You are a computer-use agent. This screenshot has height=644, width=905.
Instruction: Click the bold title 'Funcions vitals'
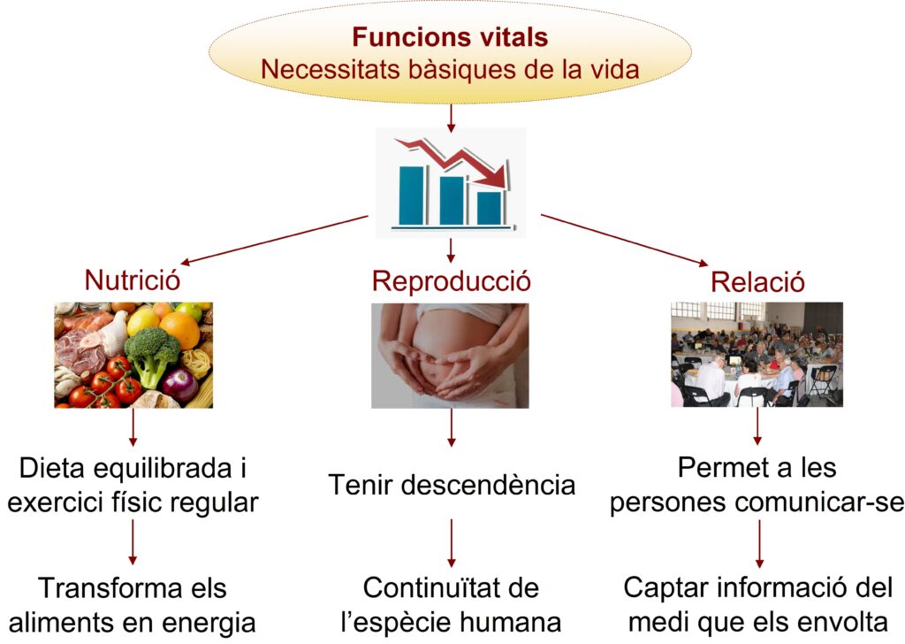(450, 37)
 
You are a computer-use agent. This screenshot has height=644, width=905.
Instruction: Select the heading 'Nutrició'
(133, 280)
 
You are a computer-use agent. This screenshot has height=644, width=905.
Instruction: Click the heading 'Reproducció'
(451, 281)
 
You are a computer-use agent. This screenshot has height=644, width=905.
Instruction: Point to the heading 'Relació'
(757, 282)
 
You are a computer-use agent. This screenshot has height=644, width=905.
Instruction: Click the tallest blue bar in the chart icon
(412, 195)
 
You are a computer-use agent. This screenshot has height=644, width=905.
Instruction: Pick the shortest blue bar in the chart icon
(489, 208)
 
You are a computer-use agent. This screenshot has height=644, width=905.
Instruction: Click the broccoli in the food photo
(152, 354)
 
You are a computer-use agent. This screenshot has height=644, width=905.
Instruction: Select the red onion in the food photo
(179, 385)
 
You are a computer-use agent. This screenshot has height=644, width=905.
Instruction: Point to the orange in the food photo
(179, 330)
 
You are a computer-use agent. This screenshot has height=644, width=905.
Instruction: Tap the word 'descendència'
(488, 485)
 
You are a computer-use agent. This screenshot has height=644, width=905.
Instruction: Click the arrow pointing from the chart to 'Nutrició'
(274, 240)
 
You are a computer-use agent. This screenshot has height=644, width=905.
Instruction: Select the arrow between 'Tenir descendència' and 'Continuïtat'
(452, 543)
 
